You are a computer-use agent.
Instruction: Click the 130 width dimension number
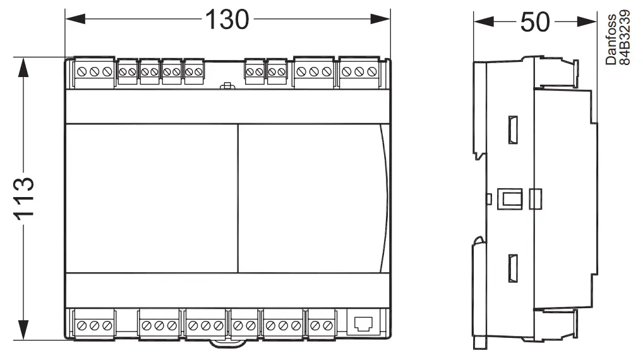[227, 20]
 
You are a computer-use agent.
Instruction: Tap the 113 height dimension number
[23, 198]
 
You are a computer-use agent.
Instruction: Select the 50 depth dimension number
[534, 22]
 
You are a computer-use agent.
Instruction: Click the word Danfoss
[611, 40]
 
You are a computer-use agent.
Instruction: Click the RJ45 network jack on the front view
[363, 325]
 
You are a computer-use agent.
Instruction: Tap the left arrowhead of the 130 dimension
[71, 21]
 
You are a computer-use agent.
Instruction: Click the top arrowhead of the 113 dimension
[23, 64]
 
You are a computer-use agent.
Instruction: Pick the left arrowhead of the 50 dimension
[480, 22]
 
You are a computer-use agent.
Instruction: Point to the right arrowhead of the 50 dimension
[590, 22]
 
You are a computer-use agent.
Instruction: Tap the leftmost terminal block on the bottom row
[93, 325]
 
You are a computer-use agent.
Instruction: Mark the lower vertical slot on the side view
[513, 267]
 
